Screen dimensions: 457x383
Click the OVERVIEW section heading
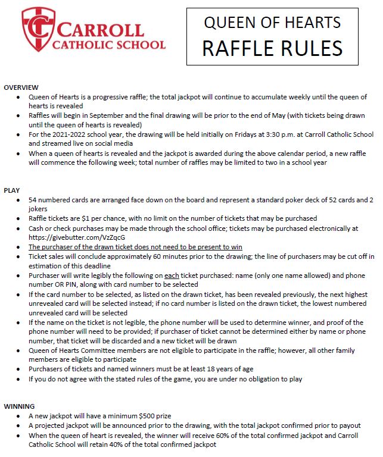coord(21,87)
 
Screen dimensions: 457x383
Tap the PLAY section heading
coord(12,190)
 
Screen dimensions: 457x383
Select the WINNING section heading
coord(19,406)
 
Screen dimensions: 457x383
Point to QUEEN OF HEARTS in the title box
coord(273,23)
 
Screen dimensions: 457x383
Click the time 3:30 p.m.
coord(219,134)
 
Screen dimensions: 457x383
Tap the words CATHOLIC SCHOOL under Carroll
coord(109,45)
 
